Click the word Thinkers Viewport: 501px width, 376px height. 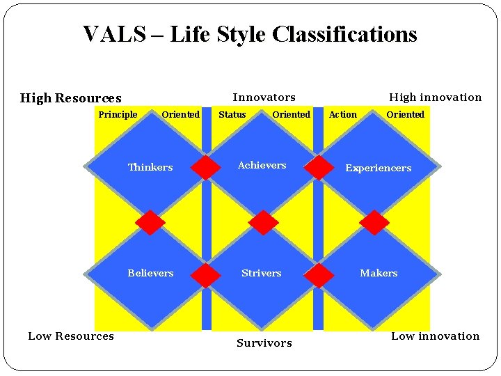[150, 167]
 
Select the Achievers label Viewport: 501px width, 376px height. [262, 165]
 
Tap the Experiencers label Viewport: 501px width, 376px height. [378, 168]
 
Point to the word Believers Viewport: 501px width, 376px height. [150, 273]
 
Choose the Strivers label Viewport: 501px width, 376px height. [261, 273]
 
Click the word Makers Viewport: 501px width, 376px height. [379, 273]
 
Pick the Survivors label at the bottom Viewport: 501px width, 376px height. [264, 343]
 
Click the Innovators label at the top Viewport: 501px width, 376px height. [264, 97]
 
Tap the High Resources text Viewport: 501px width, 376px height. [70, 98]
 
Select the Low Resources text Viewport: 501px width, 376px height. [70, 336]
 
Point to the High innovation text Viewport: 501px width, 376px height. [435, 97]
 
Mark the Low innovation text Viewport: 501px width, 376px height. [435, 336]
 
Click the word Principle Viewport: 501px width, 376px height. [118, 115]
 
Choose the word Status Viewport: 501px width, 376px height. [232, 115]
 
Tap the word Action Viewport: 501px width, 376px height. [342, 115]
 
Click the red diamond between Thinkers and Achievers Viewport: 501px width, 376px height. [206, 168]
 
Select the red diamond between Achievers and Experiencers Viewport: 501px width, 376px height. [319, 168]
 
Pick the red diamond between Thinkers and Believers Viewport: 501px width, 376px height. [150, 223]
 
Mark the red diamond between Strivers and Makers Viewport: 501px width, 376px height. [319, 275]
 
